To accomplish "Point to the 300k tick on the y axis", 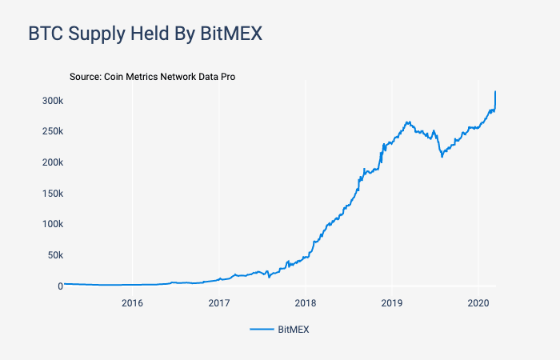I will coord(53,101).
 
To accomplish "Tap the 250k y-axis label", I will coord(53,131).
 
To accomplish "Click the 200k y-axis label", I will coord(53,162).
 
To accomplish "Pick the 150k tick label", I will coord(53,194).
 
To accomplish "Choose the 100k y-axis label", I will coord(53,224).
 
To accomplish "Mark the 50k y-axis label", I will coord(54,255).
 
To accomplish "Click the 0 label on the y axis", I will coord(59,286).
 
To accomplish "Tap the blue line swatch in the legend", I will coord(261,329).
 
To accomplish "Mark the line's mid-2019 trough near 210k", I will coord(442,156).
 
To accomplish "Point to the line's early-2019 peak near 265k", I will coord(408,122).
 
